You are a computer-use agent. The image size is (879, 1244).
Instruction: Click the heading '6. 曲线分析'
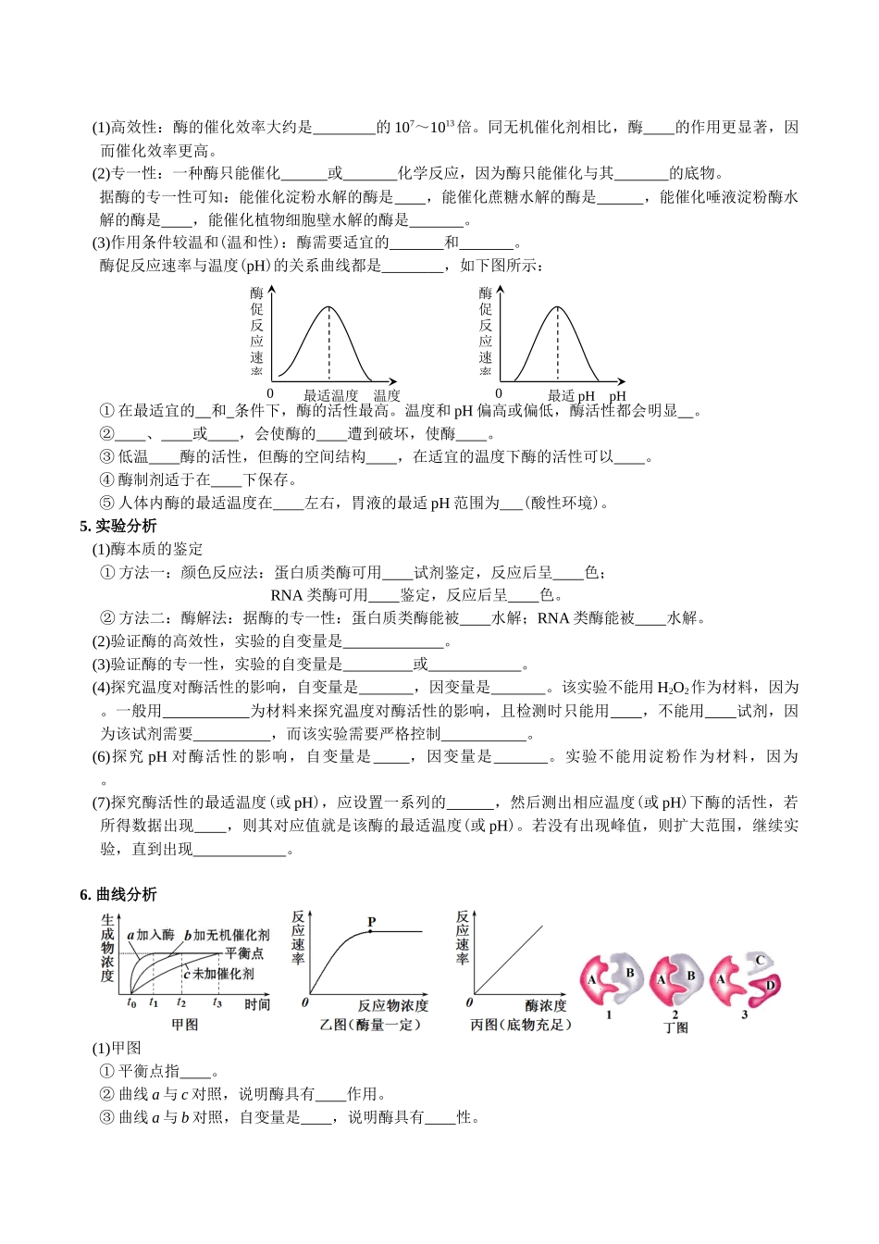coord(118,894)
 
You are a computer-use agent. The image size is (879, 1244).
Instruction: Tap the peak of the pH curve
coord(557,306)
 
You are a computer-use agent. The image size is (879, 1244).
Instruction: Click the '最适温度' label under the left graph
coord(330,395)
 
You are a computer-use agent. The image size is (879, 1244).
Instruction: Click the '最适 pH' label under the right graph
coord(571,395)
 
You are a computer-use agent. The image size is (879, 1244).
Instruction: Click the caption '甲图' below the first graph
coord(185,1025)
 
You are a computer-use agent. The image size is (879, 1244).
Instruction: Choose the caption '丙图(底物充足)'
coord(521,1025)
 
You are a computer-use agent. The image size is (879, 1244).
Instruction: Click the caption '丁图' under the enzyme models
coord(676,1027)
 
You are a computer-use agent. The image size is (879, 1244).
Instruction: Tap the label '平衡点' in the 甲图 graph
coord(244,953)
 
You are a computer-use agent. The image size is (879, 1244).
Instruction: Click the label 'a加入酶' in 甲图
coord(151,935)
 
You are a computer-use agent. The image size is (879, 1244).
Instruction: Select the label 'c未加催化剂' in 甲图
coord(218,974)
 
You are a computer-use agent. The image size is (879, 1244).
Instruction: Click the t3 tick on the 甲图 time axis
coord(217,1003)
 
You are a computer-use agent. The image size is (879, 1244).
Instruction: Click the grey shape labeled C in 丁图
coord(761,962)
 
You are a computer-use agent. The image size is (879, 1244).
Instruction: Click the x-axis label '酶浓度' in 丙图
coord(546,1005)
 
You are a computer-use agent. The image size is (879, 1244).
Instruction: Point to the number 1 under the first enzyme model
coord(609,1014)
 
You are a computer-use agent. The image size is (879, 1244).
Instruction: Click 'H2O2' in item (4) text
coord(673,688)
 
